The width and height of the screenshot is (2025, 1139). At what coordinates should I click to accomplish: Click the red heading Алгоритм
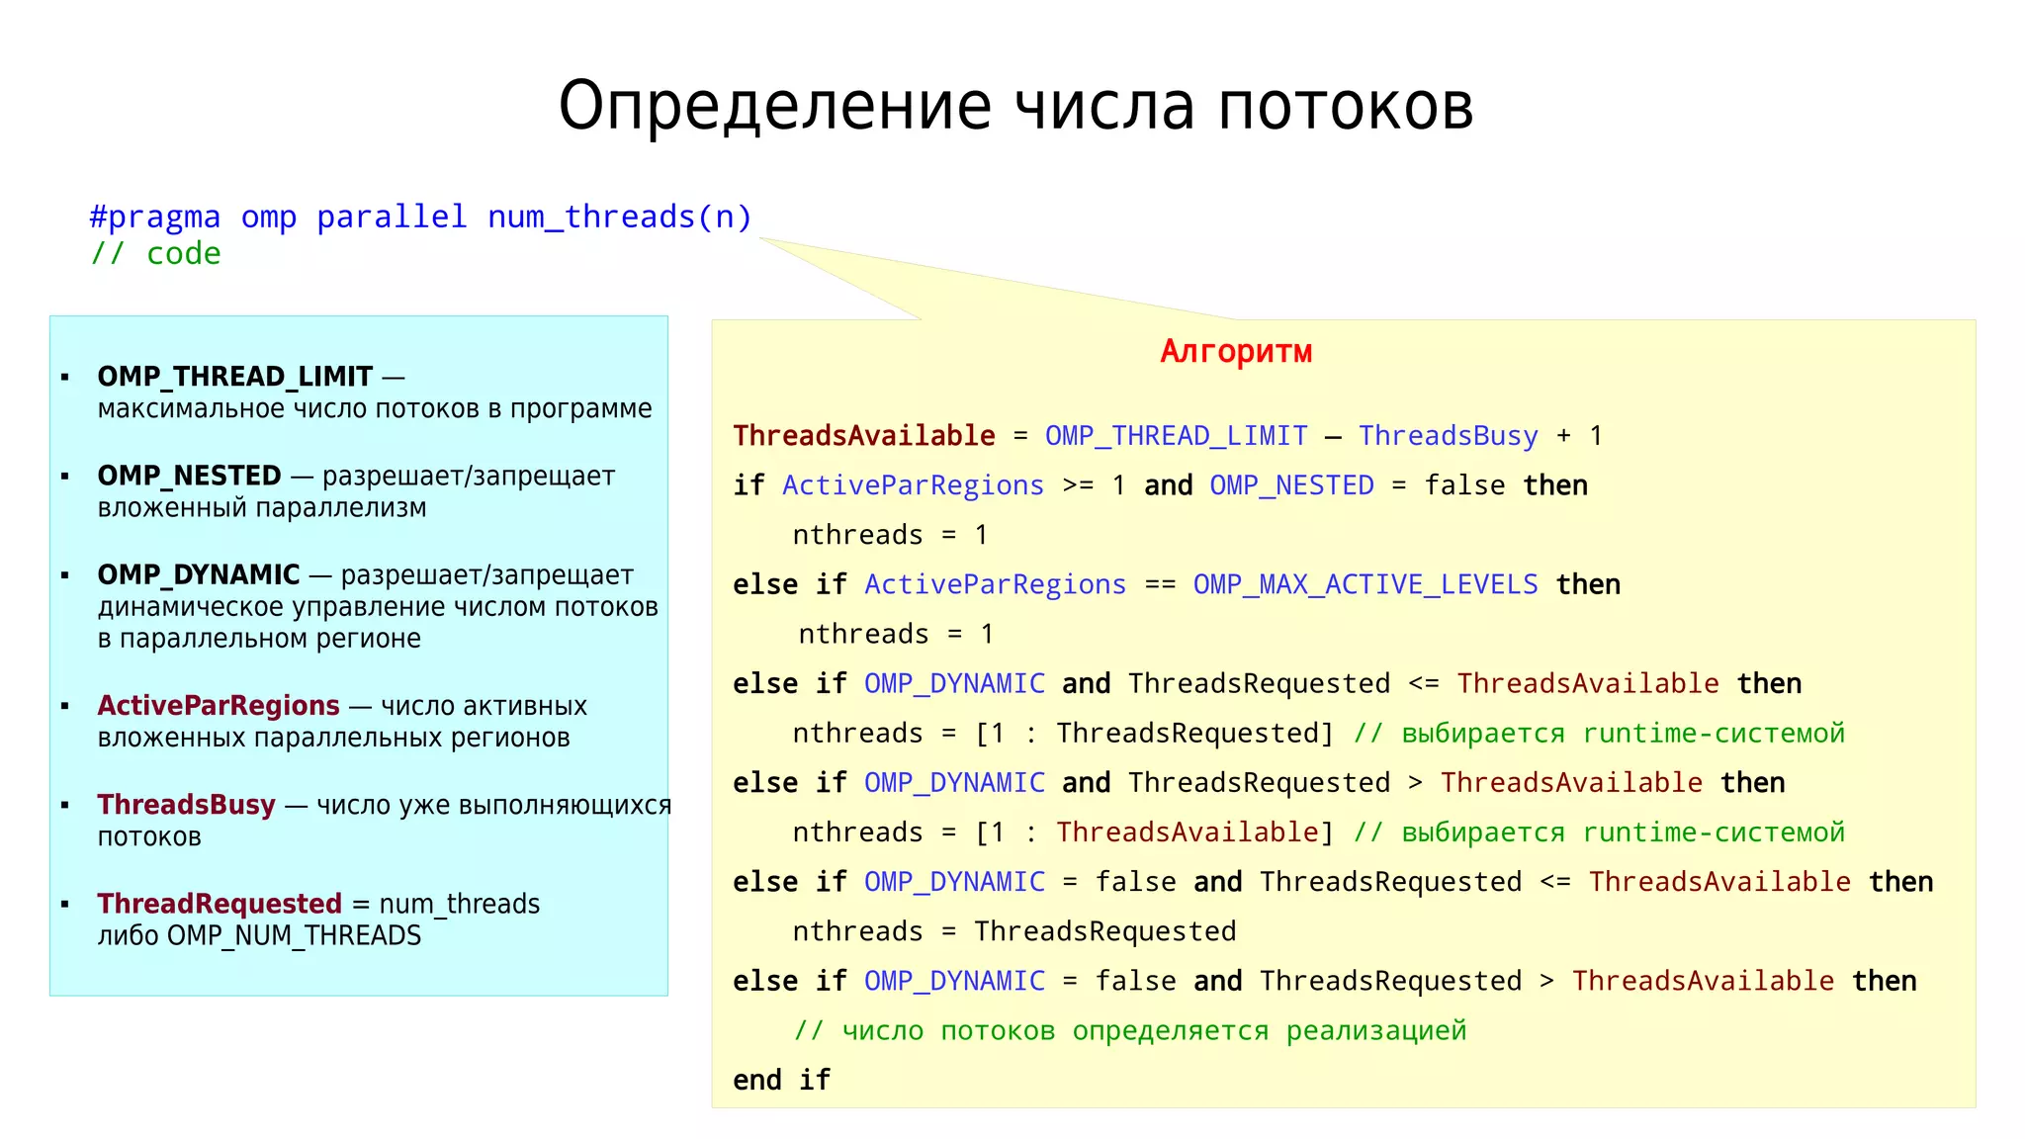(x=1236, y=352)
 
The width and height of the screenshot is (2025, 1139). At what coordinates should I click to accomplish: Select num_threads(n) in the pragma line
(x=620, y=217)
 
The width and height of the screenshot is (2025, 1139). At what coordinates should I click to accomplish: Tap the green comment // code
(x=156, y=254)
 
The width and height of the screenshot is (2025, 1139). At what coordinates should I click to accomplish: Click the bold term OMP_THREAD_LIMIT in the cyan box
(x=235, y=377)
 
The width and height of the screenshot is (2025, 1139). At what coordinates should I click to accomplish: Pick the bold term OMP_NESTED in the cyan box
(x=189, y=476)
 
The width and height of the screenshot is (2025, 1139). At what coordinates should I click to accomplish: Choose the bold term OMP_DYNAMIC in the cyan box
(x=198, y=574)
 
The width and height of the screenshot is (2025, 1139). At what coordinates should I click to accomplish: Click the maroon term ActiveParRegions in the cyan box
(x=219, y=706)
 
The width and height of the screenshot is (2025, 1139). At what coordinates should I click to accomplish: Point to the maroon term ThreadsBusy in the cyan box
(x=186, y=805)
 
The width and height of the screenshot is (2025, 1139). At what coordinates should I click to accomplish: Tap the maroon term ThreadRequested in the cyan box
(x=220, y=904)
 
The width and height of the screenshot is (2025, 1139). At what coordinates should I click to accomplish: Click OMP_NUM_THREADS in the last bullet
(x=294, y=935)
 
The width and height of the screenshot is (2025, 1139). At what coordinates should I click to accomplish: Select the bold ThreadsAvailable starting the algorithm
(x=864, y=436)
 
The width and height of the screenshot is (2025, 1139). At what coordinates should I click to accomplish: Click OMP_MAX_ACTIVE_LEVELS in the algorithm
(x=1365, y=584)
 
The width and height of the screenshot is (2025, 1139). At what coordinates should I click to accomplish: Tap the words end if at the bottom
(x=781, y=1080)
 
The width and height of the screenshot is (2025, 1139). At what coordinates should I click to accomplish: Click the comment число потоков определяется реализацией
(x=1130, y=1030)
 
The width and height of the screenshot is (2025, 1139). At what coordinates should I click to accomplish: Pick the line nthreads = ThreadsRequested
(x=1014, y=931)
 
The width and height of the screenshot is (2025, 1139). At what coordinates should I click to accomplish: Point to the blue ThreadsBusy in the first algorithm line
(x=1448, y=436)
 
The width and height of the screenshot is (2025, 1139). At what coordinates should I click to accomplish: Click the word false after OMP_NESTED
(x=1464, y=485)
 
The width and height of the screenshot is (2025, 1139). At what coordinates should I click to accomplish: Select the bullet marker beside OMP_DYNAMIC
(x=65, y=575)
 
